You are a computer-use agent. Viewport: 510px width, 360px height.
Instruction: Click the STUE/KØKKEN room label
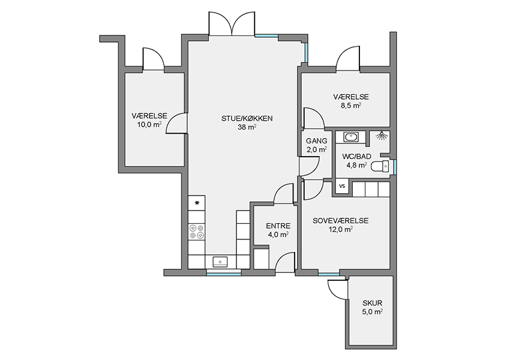coord(247,119)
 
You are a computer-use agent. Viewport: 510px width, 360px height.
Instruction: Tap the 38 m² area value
coord(247,127)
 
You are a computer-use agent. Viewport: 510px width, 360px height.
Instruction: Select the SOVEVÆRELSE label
coord(341,221)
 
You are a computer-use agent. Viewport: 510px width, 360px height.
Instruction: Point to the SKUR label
coord(373,304)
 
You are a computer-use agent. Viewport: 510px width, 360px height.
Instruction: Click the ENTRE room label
coord(278,226)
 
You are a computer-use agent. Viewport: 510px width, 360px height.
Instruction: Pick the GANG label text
coord(316,141)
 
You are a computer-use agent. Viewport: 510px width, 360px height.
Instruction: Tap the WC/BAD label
coord(356,157)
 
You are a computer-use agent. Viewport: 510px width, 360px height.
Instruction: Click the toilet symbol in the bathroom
coord(380,167)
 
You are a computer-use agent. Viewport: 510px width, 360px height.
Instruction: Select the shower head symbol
coord(382,135)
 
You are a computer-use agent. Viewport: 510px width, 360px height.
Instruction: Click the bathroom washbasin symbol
coord(350,137)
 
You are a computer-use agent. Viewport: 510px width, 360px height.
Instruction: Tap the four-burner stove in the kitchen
coord(196,231)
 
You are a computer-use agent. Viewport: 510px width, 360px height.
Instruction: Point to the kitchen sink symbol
coord(221,262)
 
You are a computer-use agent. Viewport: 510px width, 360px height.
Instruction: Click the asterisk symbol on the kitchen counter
coord(197,203)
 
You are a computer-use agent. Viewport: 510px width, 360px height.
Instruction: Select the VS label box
coord(342,187)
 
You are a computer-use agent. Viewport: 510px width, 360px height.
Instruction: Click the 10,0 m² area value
coord(149,125)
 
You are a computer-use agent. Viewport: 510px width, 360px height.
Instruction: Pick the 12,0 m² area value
coord(341,229)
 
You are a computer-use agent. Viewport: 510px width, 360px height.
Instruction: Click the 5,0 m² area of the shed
coord(373,312)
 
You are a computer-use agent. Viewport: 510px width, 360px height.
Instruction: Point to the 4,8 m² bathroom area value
coord(356,165)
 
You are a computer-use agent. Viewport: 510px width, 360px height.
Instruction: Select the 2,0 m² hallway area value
coord(316,149)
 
